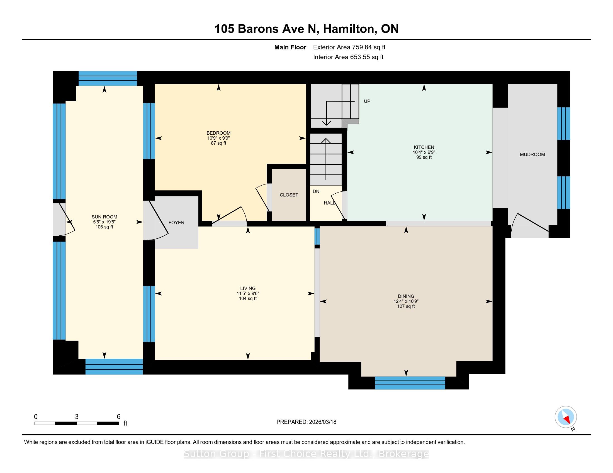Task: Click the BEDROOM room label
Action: (x=218, y=133)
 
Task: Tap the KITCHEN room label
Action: (x=424, y=147)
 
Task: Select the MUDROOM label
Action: (x=532, y=154)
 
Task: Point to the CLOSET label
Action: (x=289, y=195)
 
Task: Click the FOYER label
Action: (x=176, y=223)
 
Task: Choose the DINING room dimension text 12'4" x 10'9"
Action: (x=406, y=301)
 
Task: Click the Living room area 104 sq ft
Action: (x=247, y=299)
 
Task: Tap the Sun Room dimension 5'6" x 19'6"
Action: (x=104, y=222)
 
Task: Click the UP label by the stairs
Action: (x=367, y=101)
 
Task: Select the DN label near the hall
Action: (x=316, y=191)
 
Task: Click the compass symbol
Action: (x=566, y=417)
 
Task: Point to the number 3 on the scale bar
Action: (x=77, y=417)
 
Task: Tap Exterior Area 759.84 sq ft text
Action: (x=349, y=47)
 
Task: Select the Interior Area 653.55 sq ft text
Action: (x=348, y=57)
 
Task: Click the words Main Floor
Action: (x=290, y=47)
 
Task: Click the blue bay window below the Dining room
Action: (x=410, y=383)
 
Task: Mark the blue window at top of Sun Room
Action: (x=108, y=78)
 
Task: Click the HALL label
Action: (x=330, y=203)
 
